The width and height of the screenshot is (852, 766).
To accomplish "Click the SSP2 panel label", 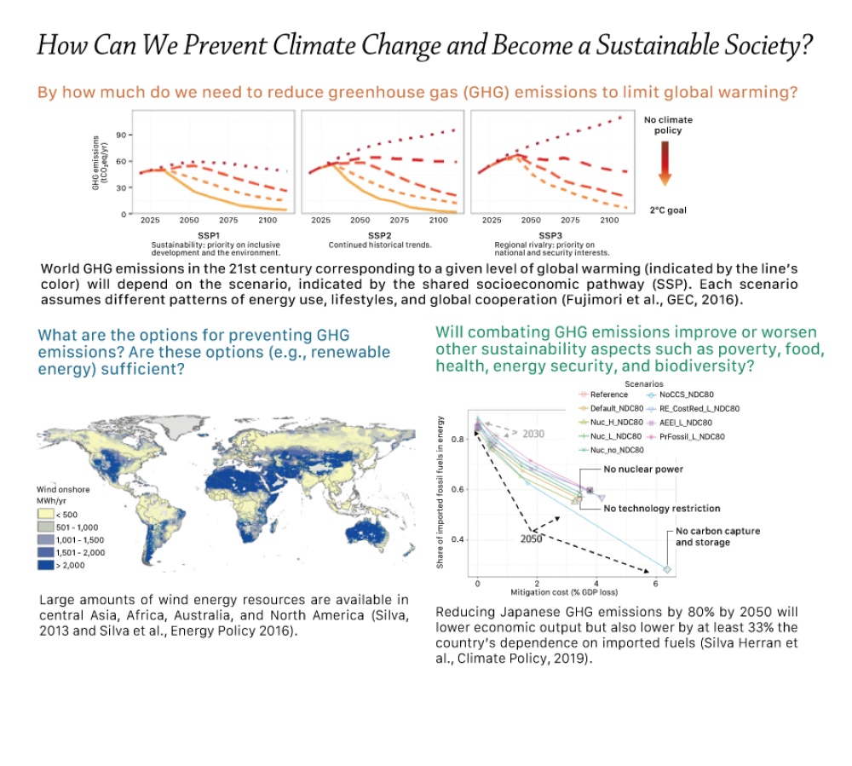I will pyautogui.click(x=379, y=234).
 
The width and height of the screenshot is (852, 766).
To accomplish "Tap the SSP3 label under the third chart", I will pyautogui.click(x=550, y=234).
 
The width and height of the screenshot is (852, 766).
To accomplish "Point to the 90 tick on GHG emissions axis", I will pyautogui.click(x=121, y=135).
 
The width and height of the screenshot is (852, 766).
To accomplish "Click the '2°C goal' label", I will pyautogui.click(x=668, y=210).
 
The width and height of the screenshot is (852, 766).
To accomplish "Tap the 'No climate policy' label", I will pyautogui.click(x=668, y=125).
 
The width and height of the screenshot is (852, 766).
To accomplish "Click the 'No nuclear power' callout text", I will pyautogui.click(x=642, y=469).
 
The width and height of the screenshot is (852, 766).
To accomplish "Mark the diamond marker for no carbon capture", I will pyautogui.click(x=667, y=569).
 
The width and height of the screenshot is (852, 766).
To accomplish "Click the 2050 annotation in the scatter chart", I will pyautogui.click(x=531, y=539).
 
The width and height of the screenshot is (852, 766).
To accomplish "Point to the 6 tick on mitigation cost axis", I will pyautogui.click(x=653, y=584).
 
